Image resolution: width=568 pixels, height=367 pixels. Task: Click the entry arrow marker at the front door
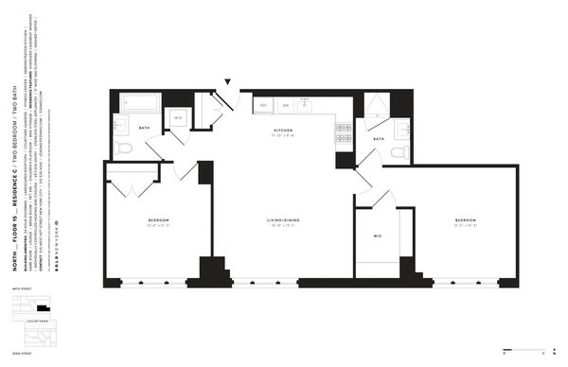pos(227,83)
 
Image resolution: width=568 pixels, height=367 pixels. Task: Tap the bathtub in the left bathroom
pos(138,102)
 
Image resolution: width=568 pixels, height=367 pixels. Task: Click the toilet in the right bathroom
pos(398,150)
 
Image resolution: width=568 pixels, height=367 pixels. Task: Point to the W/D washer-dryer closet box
pos(177,117)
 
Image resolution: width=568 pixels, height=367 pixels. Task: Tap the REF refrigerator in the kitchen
pos(264,104)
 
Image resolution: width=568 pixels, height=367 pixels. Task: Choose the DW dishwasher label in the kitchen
pos(285,104)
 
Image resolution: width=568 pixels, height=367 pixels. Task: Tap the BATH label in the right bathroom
pos(378,139)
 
